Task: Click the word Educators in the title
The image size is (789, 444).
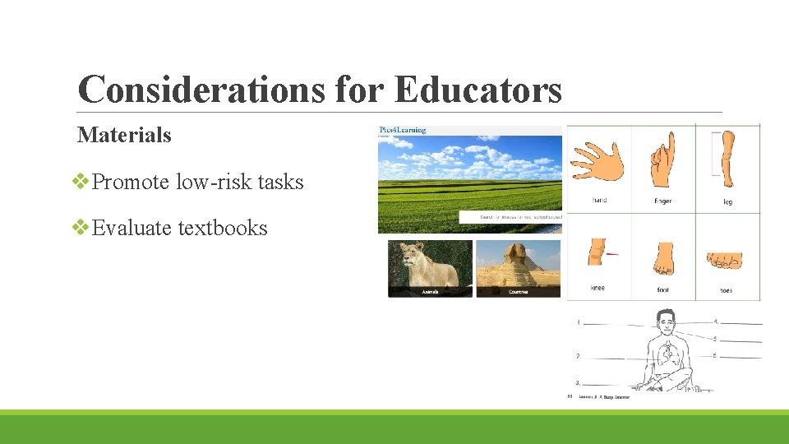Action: [x=478, y=90]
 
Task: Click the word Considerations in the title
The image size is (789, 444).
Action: [x=201, y=90]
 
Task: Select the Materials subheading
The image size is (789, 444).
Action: [x=124, y=134]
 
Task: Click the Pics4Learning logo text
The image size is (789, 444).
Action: [x=403, y=130]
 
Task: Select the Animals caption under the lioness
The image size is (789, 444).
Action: [x=429, y=292]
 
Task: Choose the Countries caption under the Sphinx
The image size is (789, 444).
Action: [x=519, y=292]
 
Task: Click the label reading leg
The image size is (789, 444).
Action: [x=727, y=201]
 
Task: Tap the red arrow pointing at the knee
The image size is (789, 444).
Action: [x=611, y=254]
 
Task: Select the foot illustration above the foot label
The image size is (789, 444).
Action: [x=663, y=258]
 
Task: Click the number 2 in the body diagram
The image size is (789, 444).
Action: [x=578, y=356]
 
